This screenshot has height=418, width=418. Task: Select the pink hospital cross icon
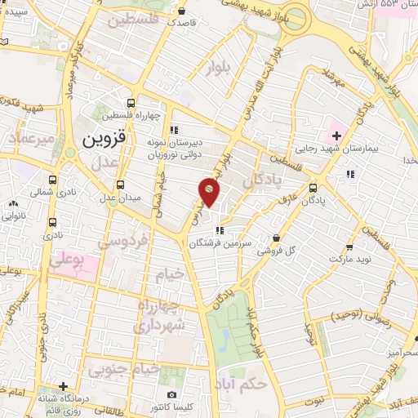(336, 134)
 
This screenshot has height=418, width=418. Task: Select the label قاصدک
(182, 23)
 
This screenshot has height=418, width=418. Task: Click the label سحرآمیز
(401, 351)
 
